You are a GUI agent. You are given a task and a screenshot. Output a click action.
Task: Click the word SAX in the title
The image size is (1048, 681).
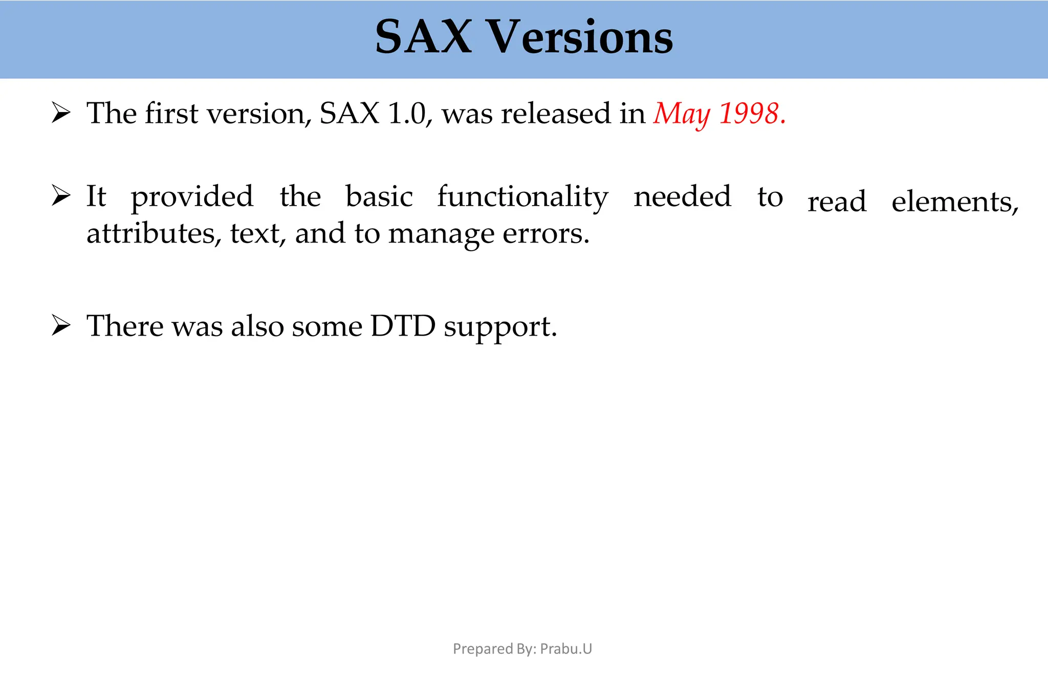[x=423, y=37]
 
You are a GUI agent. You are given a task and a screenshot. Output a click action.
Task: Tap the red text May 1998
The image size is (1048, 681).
[x=718, y=114]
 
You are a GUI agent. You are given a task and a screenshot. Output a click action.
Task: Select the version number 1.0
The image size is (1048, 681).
[x=407, y=114]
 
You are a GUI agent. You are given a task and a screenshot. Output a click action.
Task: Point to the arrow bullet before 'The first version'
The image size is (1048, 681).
[x=61, y=113]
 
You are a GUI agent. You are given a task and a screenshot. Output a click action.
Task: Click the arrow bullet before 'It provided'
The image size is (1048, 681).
[x=61, y=196]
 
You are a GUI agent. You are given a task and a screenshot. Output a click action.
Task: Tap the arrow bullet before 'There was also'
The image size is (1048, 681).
[x=61, y=326]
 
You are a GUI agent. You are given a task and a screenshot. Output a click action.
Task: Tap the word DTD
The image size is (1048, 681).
[x=403, y=326]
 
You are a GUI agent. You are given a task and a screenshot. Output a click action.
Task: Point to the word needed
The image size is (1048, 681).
[x=683, y=196]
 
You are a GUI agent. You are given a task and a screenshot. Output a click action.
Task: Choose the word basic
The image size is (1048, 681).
[x=379, y=196]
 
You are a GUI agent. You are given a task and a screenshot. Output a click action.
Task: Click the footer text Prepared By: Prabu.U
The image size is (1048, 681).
[x=522, y=649]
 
